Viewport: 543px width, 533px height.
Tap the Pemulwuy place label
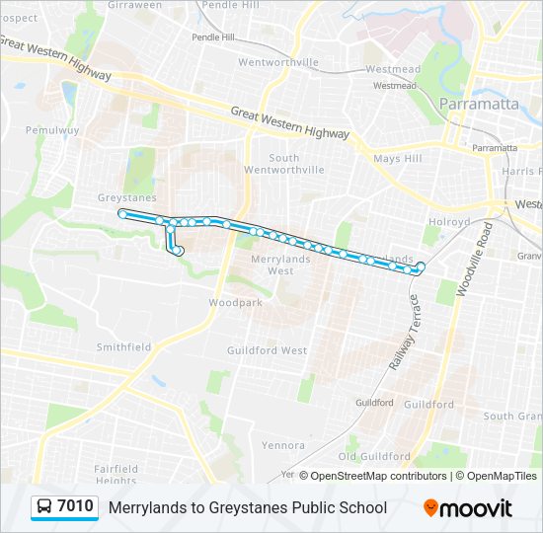(48, 129)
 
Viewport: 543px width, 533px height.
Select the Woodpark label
(236, 303)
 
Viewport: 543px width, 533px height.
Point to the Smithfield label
(123, 347)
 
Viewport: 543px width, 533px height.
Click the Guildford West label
(267, 350)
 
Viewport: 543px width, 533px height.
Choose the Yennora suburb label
(283, 445)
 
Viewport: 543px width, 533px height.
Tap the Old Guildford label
(374, 457)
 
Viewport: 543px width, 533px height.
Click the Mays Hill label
(398, 158)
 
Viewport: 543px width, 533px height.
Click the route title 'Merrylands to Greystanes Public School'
(248, 508)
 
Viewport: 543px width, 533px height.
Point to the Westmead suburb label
(392, 69)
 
